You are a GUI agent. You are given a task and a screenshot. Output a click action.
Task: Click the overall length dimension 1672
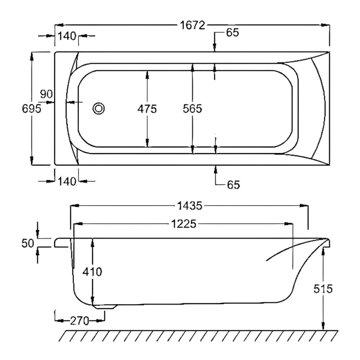(193, 26)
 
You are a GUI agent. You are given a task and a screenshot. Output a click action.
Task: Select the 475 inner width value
(147, 108)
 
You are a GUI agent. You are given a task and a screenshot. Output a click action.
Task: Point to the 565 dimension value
(192, 108)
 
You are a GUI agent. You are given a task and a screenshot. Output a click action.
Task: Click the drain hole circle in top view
(99, 108)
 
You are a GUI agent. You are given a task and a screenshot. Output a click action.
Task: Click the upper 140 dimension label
(67, 36)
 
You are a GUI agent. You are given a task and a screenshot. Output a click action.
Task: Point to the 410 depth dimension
(93, 272)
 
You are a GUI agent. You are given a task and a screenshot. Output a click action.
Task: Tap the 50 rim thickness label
(28, 243)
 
